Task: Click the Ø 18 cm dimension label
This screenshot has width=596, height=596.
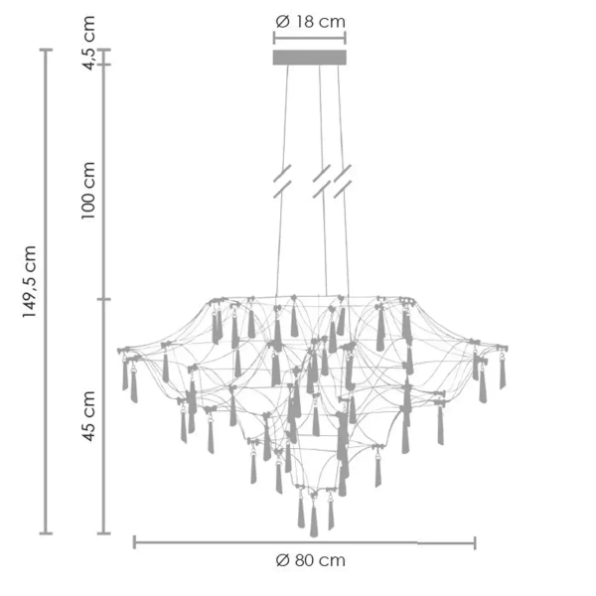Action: pos(310,22)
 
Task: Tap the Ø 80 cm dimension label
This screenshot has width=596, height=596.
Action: pos(311,560)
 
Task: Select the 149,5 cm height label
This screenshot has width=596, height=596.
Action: pos(29,282)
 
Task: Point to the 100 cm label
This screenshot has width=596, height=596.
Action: pos(87,190)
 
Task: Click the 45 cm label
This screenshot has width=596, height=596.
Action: pos(88,416)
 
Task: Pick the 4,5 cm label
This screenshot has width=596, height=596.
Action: pos(88,43)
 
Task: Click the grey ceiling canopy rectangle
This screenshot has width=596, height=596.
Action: pos(309,58)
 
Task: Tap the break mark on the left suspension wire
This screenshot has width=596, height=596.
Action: pos(282,182)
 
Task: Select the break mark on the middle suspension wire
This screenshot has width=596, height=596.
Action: pos(322,182)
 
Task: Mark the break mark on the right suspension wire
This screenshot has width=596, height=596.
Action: pos(343,182)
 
